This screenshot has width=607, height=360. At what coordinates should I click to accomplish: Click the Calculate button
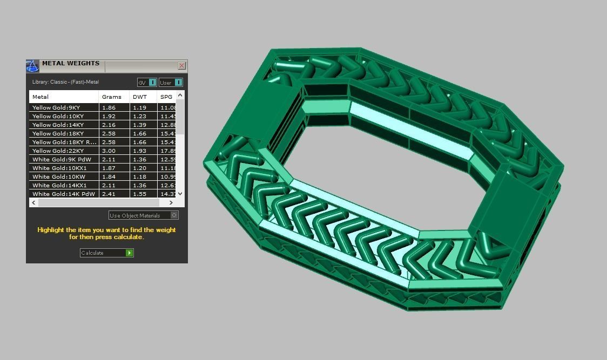(106, 253)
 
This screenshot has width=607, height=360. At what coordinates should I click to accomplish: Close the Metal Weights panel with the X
(181, 66)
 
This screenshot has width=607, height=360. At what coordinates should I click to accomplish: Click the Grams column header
(108, 97)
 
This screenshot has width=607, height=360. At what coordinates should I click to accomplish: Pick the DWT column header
(139, 97)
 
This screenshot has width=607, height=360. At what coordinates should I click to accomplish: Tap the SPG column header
(166, 97)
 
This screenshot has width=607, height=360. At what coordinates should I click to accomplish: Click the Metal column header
(41, 97)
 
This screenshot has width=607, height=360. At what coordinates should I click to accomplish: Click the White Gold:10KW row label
(58, 176)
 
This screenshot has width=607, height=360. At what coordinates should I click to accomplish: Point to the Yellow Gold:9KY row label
(56, 107)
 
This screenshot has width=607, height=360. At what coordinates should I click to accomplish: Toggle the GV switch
(147, 83)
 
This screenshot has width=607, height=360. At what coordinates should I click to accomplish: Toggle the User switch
(171, 83)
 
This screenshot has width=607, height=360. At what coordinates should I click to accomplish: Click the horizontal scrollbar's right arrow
(171, 202)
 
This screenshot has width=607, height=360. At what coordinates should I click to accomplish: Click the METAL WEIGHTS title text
(71, 63)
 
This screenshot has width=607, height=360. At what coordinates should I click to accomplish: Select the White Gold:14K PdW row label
(63, 194)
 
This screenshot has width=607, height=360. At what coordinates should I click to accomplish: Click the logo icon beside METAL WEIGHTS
(33, 66)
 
